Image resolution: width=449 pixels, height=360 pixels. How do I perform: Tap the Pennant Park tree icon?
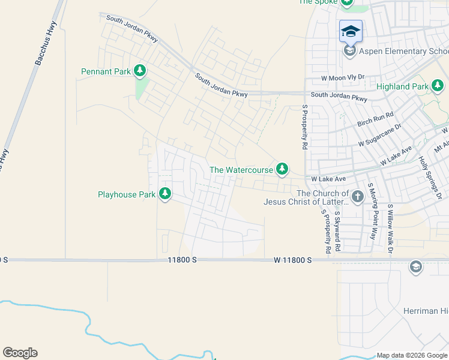(x=140, y=71)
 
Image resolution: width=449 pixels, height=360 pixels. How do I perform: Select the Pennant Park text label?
(x=106, y=71)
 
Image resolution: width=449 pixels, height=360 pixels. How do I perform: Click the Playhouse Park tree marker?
(x=165, y=194)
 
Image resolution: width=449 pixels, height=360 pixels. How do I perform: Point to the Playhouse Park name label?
(x=127, y=194)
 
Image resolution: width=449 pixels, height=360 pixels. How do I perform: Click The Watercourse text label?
(x=241, y=170)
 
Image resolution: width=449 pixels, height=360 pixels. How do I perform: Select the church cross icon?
(x=357, y=196)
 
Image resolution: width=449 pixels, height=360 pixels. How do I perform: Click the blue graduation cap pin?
(x=351, y=31)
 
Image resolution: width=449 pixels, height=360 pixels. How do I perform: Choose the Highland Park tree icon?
(x=438, y=86)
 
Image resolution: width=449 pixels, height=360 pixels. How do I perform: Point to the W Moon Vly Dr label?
(x=343, y=78)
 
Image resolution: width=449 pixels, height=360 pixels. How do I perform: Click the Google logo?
(x=20, y=353)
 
